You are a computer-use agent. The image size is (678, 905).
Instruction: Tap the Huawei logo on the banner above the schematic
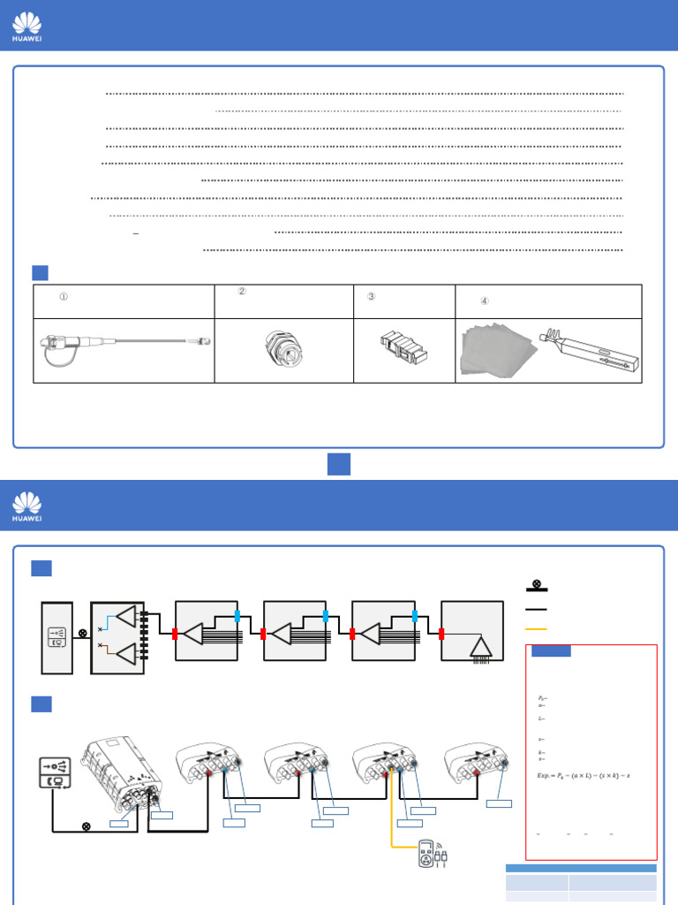(26, 505)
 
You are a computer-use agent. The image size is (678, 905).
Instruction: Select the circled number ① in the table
(64, 297)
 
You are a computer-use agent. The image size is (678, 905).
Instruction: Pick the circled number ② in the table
(242, 292)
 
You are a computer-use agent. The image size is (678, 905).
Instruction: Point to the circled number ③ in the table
(371, 297)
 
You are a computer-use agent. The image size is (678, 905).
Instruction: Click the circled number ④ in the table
(485, 301)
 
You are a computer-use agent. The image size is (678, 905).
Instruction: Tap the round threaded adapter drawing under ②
(284, 351)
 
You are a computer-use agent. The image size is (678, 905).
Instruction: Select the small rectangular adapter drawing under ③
(404, 349)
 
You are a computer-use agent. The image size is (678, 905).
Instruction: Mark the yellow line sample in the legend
(536, 629)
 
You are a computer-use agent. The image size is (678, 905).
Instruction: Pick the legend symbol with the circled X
(536, 585)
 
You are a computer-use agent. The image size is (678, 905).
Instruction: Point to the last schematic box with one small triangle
(472, 631)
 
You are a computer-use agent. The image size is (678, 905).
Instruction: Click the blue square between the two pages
(339, 464)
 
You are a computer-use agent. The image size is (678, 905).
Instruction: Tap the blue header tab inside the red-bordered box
(551, 651)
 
